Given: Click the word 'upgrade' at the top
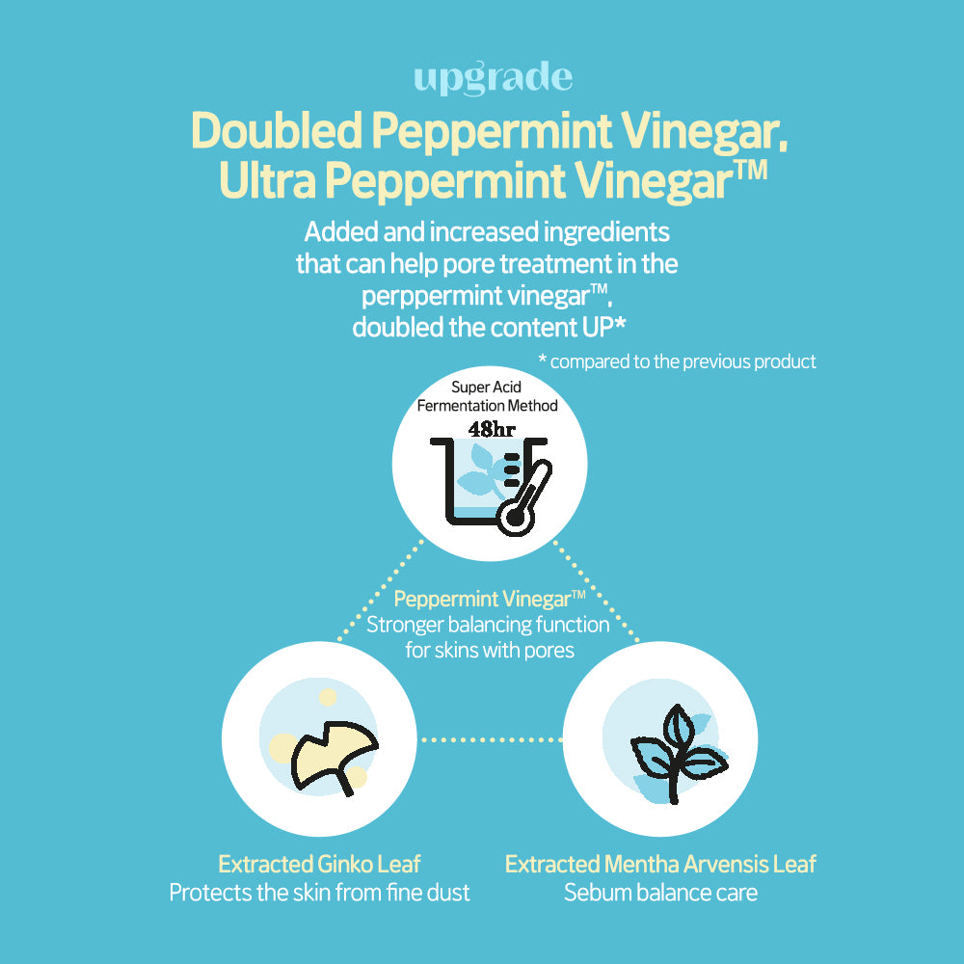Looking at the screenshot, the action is pyautogui.click(x=493, y=79).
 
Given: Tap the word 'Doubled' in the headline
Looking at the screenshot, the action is pyautogui.click(x=276, y=130).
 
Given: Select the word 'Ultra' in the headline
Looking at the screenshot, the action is pyautogui.click(x=267, y=181).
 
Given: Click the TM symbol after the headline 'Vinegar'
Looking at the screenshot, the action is pyautogui.click(x=751, y=170).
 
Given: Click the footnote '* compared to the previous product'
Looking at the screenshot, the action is pyautogui.click(x=677, y=361).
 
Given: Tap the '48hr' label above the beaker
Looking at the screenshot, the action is pyautogui.click(x=492, y=429).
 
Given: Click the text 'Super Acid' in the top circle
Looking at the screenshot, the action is pyautogui.click(x=486, y=387).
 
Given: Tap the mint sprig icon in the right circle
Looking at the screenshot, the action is pyautogui.click(x=678, y=753).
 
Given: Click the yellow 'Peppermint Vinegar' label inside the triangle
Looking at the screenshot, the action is pyautogui.click(x=483, y=599).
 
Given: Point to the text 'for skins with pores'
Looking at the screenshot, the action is pyautogui.click(x=490, y=651).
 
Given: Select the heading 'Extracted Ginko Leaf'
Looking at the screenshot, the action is pyautogui.click(x=319, y=864).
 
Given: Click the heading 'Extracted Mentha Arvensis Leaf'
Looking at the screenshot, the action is pyautogui.click(x=660, y=864).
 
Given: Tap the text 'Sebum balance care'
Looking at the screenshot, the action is pyautogui.click(x=660, y=893).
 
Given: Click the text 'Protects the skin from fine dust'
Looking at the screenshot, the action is pyautogui.click(x=319, y=893).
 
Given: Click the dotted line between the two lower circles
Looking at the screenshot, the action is pyautogui.click(x=490, y=739).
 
